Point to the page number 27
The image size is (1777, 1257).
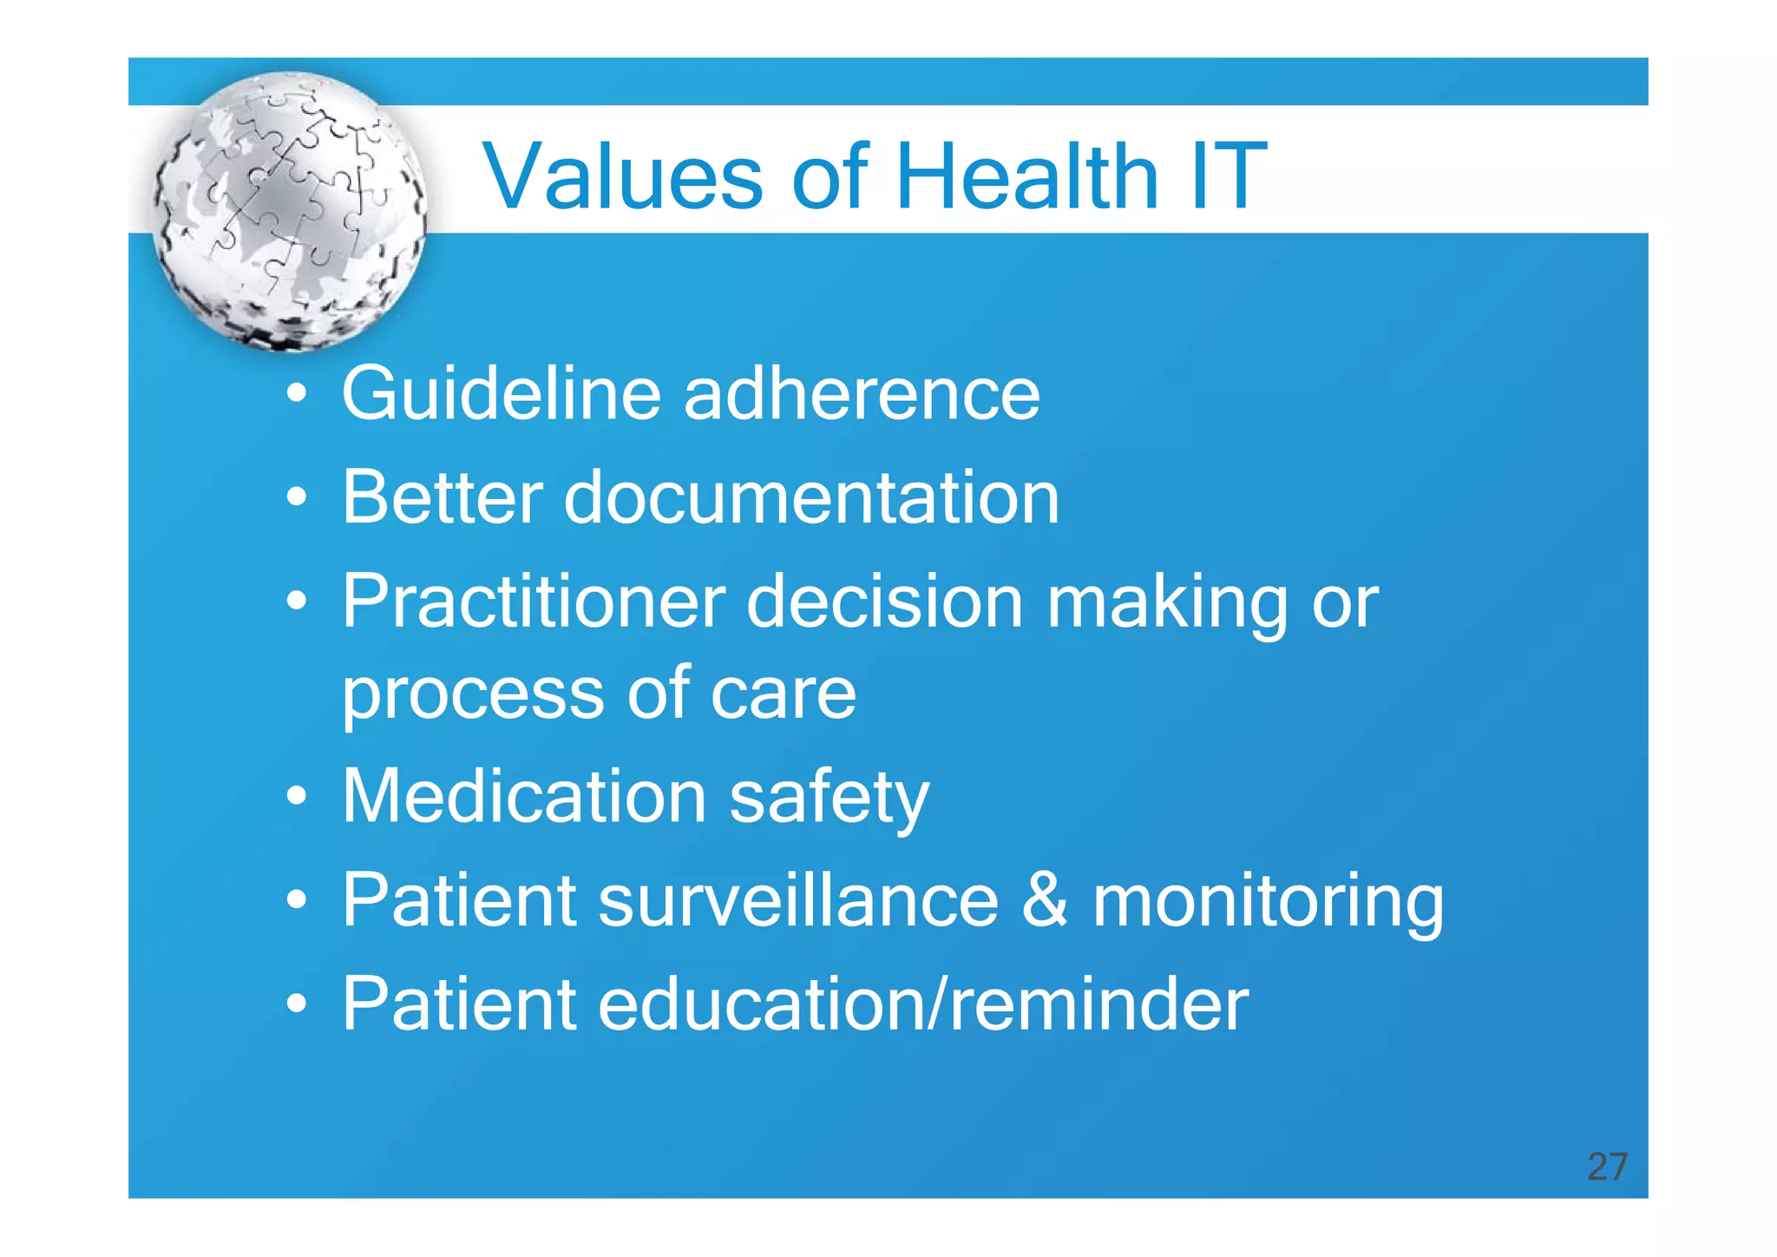(1607, 1167)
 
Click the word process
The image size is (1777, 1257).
(473, 694)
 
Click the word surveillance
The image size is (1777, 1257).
(798, 900)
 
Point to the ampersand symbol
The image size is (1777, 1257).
(1044, 900)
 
